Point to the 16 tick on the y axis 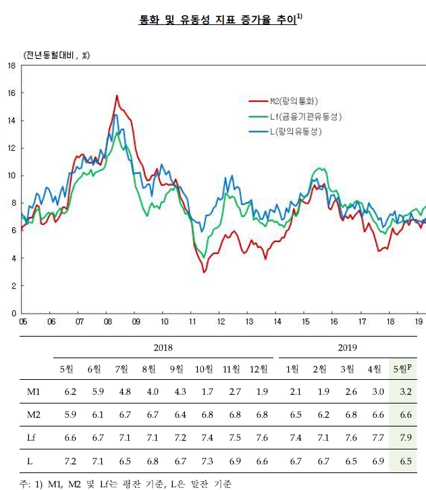point(11,93)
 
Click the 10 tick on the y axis point(11,176)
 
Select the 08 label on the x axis point(107,322)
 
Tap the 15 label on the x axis point(305,322)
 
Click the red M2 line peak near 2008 point(117,96)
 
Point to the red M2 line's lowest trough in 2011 point(204,272)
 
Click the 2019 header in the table point(347,347)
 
